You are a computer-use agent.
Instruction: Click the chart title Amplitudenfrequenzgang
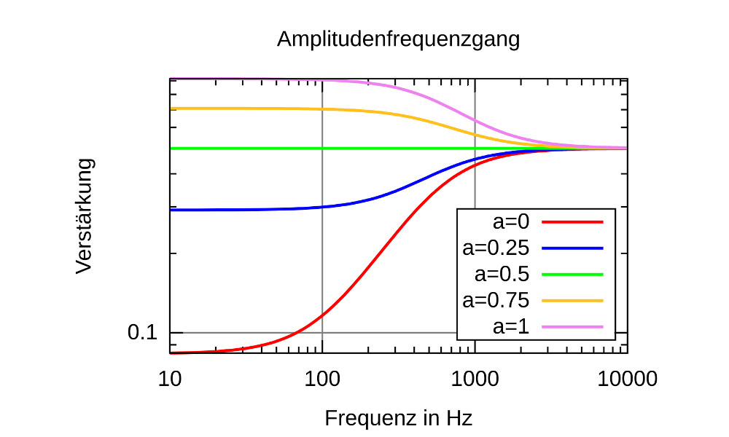pos(398,39)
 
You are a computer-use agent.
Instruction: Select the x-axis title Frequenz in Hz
pos(398,419)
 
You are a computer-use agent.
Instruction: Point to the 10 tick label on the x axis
pos(170,379)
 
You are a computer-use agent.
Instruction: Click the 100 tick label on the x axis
pos(322,379)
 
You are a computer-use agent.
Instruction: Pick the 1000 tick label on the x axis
pos(475,379)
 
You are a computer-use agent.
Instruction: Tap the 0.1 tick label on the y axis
pos(142,333)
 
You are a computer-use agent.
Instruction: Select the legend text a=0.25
pos(496,248)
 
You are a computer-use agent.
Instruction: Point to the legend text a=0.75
pos(496,300)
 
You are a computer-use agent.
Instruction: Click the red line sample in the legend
pos(572,222)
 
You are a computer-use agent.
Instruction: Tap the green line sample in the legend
pos(572,275)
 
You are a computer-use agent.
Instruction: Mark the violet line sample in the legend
pos(572,327)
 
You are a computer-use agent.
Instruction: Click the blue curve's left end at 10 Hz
pos(171,210)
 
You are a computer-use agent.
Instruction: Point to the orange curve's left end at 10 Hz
pos(171,109)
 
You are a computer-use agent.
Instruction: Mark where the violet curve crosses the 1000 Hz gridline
pos(475,120)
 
